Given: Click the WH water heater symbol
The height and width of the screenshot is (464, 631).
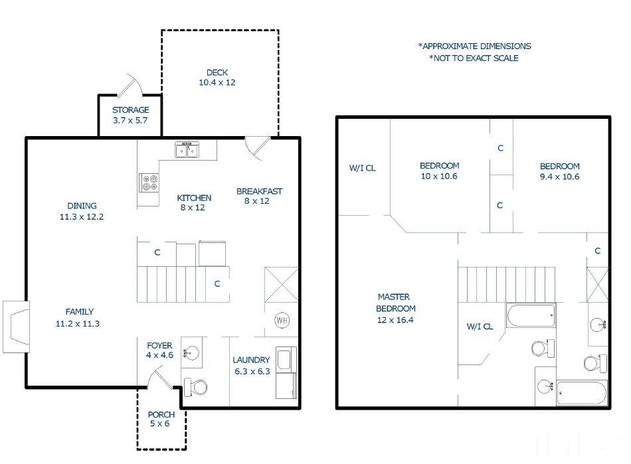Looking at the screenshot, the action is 282,320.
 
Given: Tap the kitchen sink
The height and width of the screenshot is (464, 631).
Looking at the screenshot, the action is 187,149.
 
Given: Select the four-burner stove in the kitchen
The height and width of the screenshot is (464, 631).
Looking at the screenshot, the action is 149,183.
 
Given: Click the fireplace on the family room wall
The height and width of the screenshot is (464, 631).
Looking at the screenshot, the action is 16,327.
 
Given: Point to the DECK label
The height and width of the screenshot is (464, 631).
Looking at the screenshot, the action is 217,73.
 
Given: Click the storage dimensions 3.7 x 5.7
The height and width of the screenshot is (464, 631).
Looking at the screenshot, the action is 130,120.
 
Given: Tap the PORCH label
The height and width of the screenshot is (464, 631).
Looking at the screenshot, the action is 161,414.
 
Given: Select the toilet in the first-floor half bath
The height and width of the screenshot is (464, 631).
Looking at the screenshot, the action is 195,387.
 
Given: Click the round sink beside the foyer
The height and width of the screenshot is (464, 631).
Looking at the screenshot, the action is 191,353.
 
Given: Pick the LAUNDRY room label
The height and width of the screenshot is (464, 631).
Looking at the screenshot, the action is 251,360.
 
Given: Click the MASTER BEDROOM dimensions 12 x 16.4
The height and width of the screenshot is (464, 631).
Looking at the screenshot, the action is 395,320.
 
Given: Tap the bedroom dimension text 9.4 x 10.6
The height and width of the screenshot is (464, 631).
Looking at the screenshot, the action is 560,177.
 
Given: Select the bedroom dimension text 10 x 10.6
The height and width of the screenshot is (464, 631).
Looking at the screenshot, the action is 439,176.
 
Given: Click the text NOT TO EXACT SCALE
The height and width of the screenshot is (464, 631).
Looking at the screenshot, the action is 474,58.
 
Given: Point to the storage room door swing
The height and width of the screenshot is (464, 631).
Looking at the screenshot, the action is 130,86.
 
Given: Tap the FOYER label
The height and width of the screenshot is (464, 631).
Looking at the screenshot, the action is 160,345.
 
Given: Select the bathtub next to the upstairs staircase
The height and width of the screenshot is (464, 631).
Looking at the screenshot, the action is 531,315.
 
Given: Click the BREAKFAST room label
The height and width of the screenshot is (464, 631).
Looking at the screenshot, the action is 259,191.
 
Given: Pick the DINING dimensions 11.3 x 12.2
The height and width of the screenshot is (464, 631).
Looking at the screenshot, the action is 82,216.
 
